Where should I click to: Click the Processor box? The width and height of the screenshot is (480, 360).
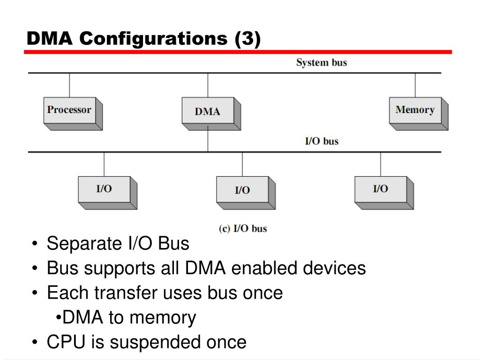73,113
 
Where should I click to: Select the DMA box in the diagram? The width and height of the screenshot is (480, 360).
211,113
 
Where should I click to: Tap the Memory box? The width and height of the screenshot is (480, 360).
419,113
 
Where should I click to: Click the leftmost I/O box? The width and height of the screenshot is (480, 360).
107,193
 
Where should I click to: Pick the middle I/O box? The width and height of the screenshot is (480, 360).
246,193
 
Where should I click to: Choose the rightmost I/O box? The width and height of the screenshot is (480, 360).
384,193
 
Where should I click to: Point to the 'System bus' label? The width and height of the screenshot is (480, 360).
322,63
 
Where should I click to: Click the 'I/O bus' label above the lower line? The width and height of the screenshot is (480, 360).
322,141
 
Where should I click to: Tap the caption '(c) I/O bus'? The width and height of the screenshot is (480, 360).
243,228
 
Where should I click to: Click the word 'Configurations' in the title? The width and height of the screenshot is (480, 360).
153,38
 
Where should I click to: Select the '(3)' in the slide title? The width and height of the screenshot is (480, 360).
247,38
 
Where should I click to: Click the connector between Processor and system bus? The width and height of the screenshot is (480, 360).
69,85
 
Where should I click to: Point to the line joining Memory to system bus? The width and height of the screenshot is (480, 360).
415,85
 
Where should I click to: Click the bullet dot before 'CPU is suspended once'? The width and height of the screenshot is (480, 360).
35,342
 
